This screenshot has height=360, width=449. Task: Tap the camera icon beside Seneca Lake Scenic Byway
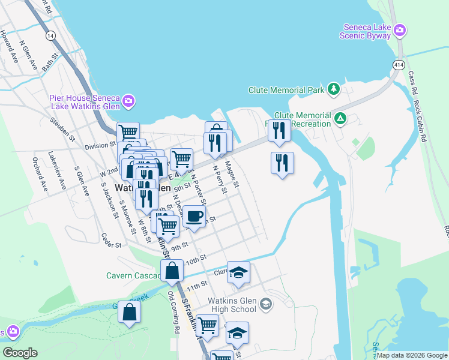400,29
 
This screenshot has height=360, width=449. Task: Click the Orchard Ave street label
40,175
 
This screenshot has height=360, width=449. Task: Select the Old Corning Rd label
174,313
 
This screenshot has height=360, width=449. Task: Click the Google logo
20,353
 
